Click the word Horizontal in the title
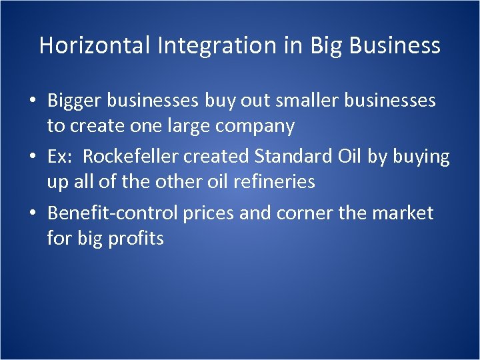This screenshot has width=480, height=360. pyautogui.click(x=95, y=45)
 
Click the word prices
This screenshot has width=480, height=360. pyautogui.click(x=213, y=213)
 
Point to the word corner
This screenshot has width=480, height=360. pyautogui.click(x=311, y=213)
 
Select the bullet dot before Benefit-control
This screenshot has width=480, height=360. pyautogui.click(x=33, y=214)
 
